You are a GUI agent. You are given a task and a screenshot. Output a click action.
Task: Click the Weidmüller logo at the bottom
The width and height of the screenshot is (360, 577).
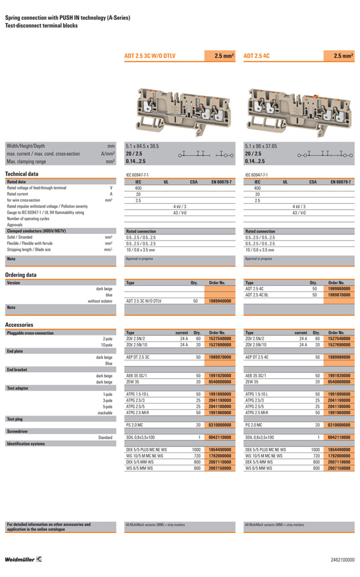tap(23, 559)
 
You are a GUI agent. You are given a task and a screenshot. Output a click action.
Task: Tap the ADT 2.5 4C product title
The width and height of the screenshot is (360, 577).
tap(257, 55)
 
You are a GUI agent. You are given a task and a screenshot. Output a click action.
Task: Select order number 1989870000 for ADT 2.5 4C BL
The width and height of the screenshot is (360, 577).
tap(339, 295)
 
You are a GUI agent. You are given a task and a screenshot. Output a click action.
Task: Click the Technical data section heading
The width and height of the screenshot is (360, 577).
tap(22, 174)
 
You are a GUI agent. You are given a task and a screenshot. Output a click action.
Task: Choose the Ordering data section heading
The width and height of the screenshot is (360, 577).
tap(21, 275)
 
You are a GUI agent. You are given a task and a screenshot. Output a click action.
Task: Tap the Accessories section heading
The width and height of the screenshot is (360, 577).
tap(19, 325)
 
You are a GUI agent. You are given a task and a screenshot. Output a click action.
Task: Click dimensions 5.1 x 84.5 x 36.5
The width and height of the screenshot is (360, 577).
tap(142, 146)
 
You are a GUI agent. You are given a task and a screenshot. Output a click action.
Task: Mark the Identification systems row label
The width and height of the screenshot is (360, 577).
tap(25, 443)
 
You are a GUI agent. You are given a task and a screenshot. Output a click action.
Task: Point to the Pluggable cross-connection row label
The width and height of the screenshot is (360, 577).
tap(30, 333)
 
